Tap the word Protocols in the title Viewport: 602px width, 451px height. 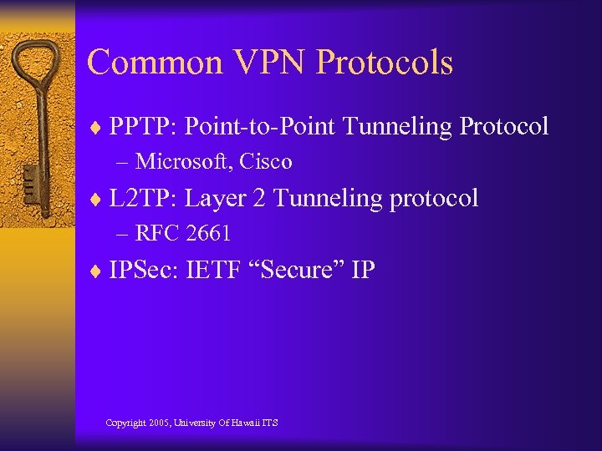coord(385,63)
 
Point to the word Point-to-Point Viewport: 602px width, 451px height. coord(260,127)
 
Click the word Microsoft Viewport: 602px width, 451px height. coord(183,161)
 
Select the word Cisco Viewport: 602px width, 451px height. coord(265,161)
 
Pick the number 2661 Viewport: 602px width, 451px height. coord(208,234)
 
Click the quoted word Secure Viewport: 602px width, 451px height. coord(293,271)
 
